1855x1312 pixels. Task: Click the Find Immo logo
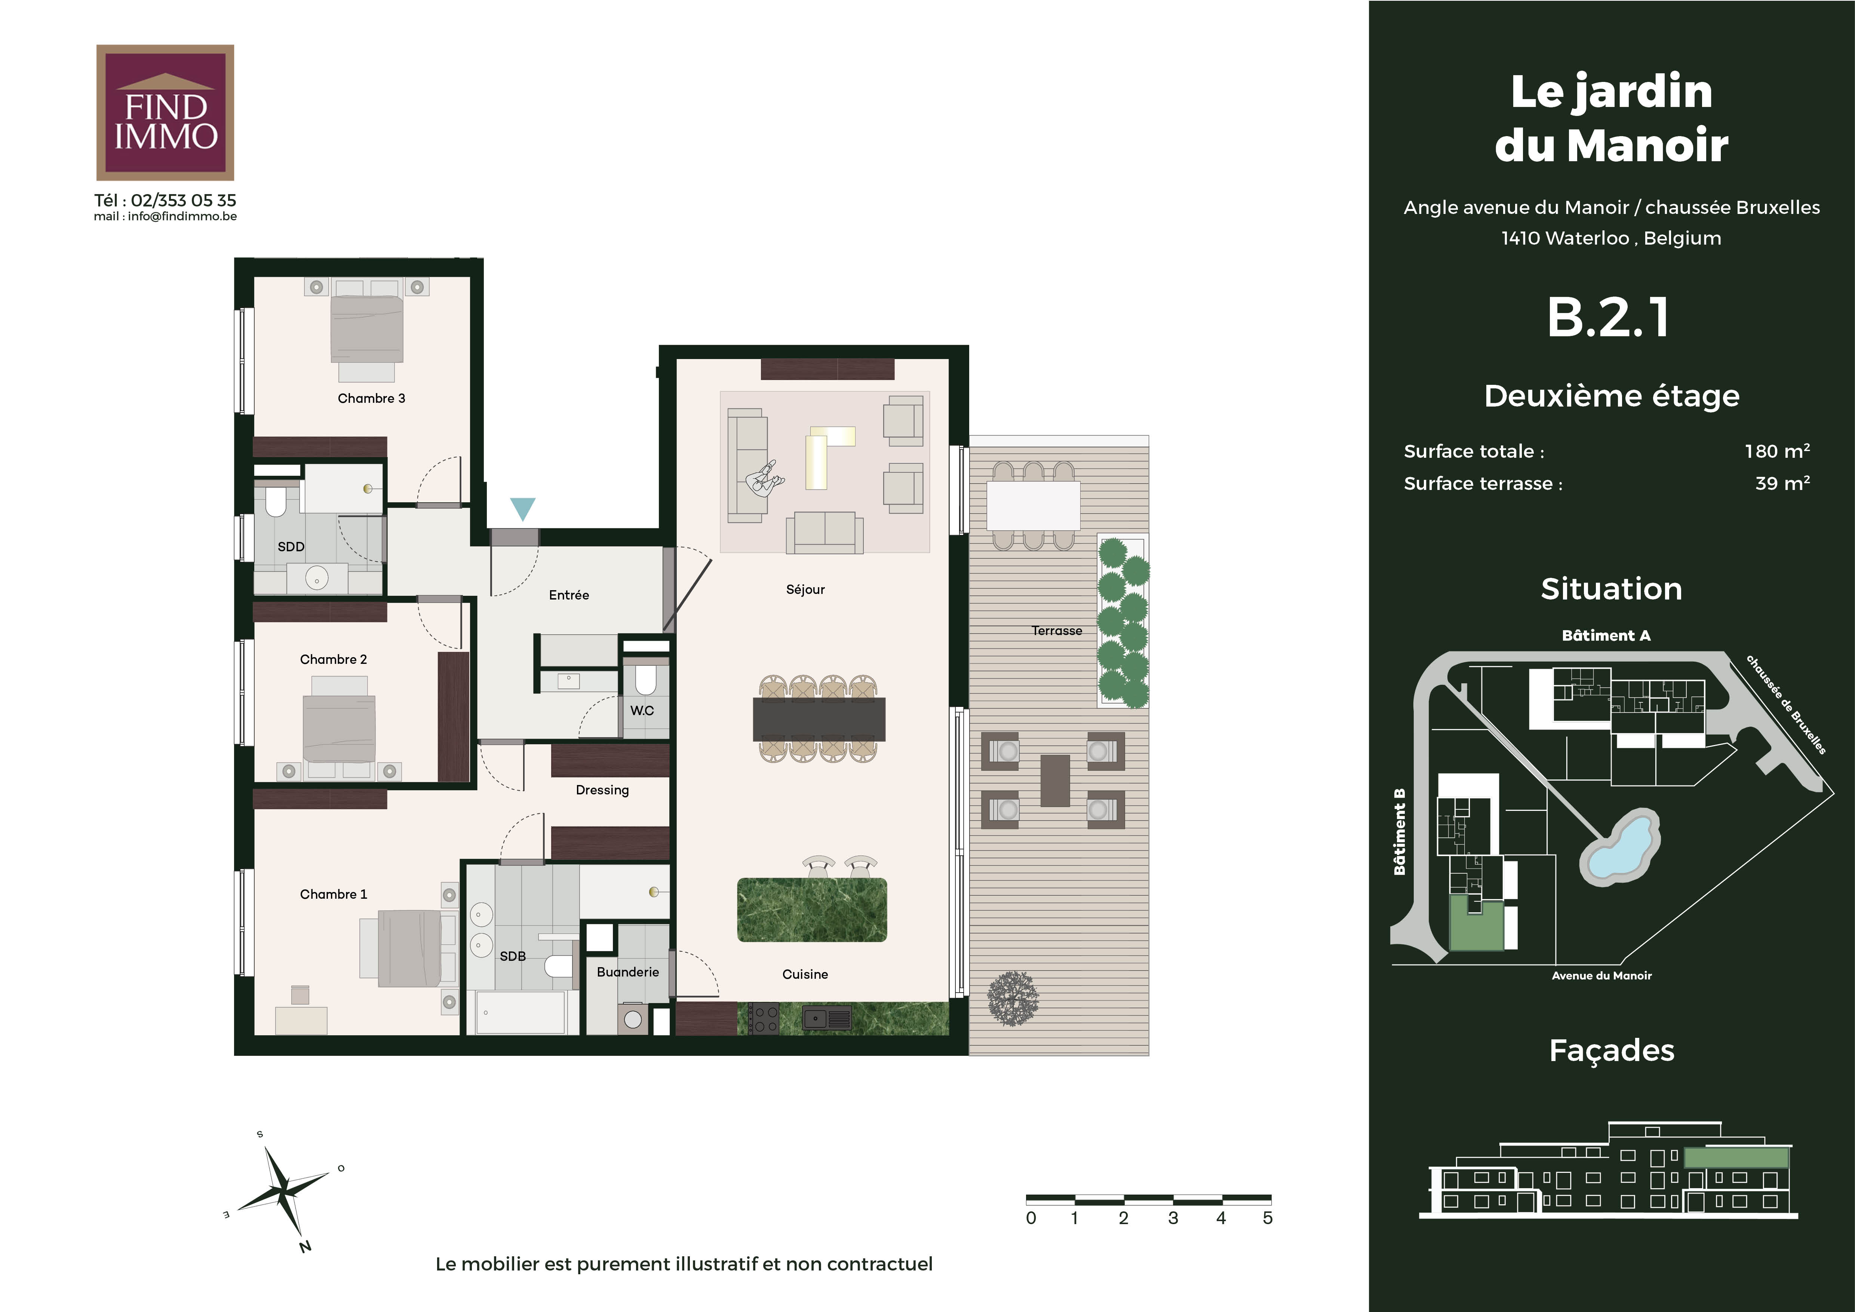pyautogui.click(x=165, y=112)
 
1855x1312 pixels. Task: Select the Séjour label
pyautogui.click(x=805, y=590)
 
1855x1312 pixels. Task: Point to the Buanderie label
pyautogui.click(x=628, y=972)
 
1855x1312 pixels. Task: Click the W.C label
pyautogui.click(x=642, y=711)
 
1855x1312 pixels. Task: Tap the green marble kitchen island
pyautogui.click(x=812, y=910)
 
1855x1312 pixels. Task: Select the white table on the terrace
pyautogui.click(x=1034, y=506)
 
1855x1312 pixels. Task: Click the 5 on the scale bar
pyautogui.click(x=1268, y=1218)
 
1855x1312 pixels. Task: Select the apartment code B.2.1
pyautogui.click(x=1608, y=318)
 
